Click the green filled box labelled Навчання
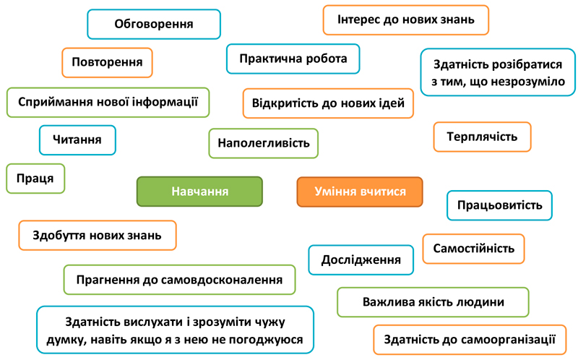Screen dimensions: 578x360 pos(199,192)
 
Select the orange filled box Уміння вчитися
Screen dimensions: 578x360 pos(360,192)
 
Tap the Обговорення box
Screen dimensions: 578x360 pos(154,24)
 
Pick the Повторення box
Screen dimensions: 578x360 pos(107,62)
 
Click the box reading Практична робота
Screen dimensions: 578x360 pos(293,59)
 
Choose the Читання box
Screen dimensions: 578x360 pos(77,140)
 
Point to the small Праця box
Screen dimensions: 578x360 pos(35,179)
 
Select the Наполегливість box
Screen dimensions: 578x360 pos(264,143)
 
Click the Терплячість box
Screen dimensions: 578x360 pos(482,137)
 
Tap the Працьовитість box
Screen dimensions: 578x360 pos(499,205)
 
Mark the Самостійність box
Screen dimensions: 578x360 pos(474,249)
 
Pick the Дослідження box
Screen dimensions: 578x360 pos(361,260)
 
